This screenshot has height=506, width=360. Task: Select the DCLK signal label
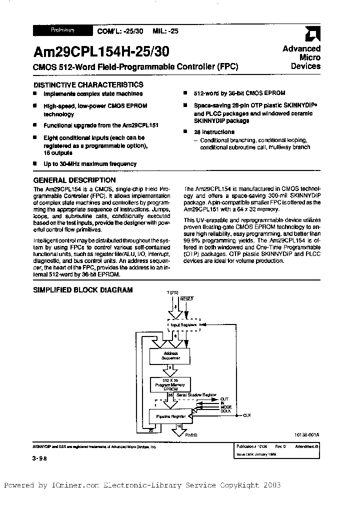[x=225, y=410]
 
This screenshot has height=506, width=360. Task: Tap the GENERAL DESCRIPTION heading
[x=74, y=180]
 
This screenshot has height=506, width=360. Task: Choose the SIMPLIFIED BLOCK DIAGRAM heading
[x=82, y=289]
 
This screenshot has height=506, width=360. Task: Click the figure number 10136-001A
[x=303, y=435]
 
